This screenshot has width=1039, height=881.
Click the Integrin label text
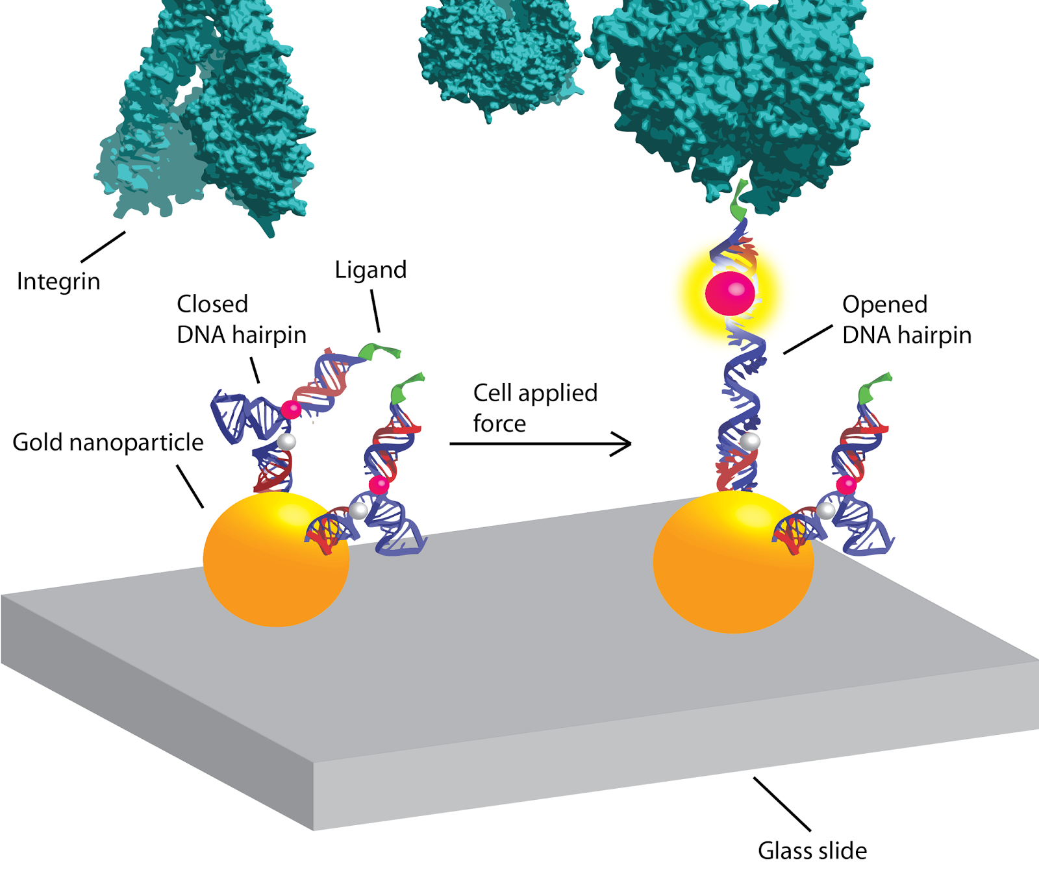pos(58,282)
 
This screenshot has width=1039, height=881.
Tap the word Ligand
pos(370,270)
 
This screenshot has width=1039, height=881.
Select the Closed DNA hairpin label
pos(241,319)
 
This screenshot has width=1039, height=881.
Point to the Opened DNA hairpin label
pos(906,319)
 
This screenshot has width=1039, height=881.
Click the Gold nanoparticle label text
pos(108,442)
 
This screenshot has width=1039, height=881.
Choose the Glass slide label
pos(812,850)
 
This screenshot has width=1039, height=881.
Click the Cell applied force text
pos(534,408)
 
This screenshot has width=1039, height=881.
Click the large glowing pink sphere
pos(730,293)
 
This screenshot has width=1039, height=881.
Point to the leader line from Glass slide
pos(782,804)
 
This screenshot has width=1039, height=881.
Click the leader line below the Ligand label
pos(375,311)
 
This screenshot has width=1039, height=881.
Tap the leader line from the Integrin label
pos(103,247)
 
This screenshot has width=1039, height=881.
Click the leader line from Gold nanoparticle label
pos(190,486)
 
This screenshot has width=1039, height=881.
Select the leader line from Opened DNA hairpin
pos(808,340)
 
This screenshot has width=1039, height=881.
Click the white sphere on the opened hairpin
pos(750,441)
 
